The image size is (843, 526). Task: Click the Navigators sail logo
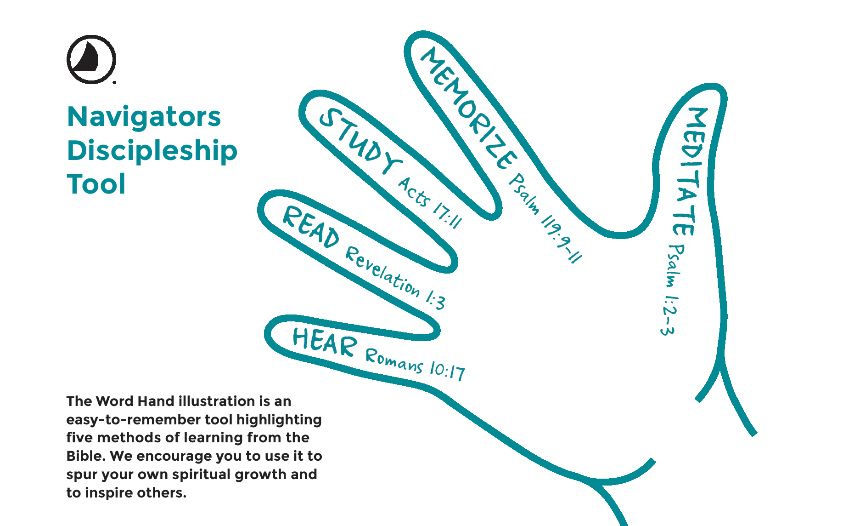click(91, 59)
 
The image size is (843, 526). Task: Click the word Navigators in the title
click(144, 117)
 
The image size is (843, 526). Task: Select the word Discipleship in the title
click(152, 151)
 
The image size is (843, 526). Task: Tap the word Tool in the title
click(96, 184)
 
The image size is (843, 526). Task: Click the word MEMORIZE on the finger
click(468, 109)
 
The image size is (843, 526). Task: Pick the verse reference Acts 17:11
click(430, 203)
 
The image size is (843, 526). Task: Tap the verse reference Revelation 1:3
click(395, 278)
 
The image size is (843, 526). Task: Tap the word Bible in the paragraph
click(86, 456)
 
